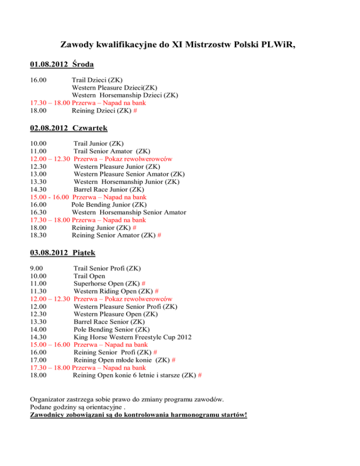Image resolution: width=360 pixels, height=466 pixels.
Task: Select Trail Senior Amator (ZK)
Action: coord(112,150)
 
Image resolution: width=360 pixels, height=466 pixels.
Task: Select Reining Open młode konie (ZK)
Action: coord(124,361)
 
